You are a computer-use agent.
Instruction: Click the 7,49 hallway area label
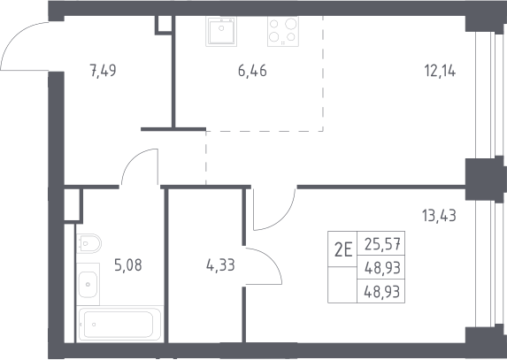pyautogui.click(x=103, y=71)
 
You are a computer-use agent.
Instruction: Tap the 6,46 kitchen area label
pyautogui.click(x=252, y=71)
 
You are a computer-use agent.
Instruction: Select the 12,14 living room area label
pyautogui.click(x=440, y=71)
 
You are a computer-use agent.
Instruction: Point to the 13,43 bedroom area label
pyautogui.click(x=439, y=216)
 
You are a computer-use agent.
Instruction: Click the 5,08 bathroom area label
pyautogui.click(x=128, y=265)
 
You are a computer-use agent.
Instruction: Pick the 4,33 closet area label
pyautogui.click(x=220, y=265)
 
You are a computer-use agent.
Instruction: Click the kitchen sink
pyautogui.click(x=221, y=31)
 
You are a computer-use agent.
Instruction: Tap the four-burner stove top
pyautogui.click(x=283, y=31)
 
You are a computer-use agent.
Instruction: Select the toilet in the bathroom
pyautogui.click(x=88, y=243)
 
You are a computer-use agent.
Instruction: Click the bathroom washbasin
pyautogui.click(x=88, y=285)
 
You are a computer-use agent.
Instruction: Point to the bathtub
pyautogui.click(x=120, y=324)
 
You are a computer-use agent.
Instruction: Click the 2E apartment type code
pyautogui.click(x=343, y=249)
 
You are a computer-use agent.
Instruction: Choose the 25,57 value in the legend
pyautogui.click(x=382, y=244)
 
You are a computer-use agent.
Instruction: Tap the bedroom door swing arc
pyautogui.click(x=281, y=217)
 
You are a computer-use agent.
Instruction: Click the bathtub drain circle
pyautogui.click(x=94, y=325)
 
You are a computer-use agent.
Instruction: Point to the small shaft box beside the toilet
pyautogui.click(x=72, y=205)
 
